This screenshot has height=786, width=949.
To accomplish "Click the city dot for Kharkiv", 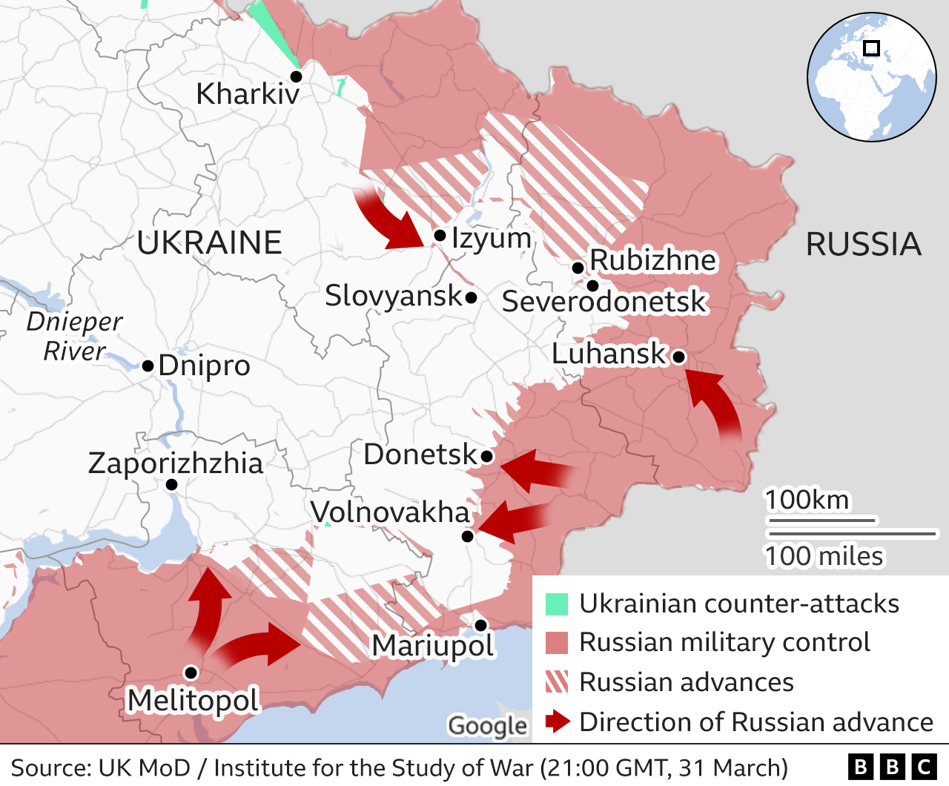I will [296, 76].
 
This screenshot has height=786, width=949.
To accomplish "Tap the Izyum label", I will [492, 238].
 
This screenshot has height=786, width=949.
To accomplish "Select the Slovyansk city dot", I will [471, 298].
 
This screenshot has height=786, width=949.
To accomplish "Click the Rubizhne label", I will [652, 260].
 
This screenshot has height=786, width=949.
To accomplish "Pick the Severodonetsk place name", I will [604, 302].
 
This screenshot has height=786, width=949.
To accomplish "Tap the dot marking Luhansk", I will [678, 357].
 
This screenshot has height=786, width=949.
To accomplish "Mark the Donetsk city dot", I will [487, 456].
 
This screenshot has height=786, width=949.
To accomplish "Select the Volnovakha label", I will [390, 512].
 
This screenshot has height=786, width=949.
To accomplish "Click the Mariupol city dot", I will [480, 625].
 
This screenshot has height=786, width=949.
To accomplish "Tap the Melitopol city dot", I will [191, 673].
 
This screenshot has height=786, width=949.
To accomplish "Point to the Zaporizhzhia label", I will [176, 463].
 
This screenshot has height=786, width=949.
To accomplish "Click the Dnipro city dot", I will [148, 366].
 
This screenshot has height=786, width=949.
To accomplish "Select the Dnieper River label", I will [74, 337].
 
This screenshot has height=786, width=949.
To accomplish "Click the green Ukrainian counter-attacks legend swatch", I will [557, 604].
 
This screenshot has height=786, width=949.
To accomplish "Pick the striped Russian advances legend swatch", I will [557, 681].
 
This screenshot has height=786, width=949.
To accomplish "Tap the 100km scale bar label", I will [807, 501].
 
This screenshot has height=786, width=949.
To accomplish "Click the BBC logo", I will [892, 767].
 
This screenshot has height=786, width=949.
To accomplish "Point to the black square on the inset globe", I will [872, 48].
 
